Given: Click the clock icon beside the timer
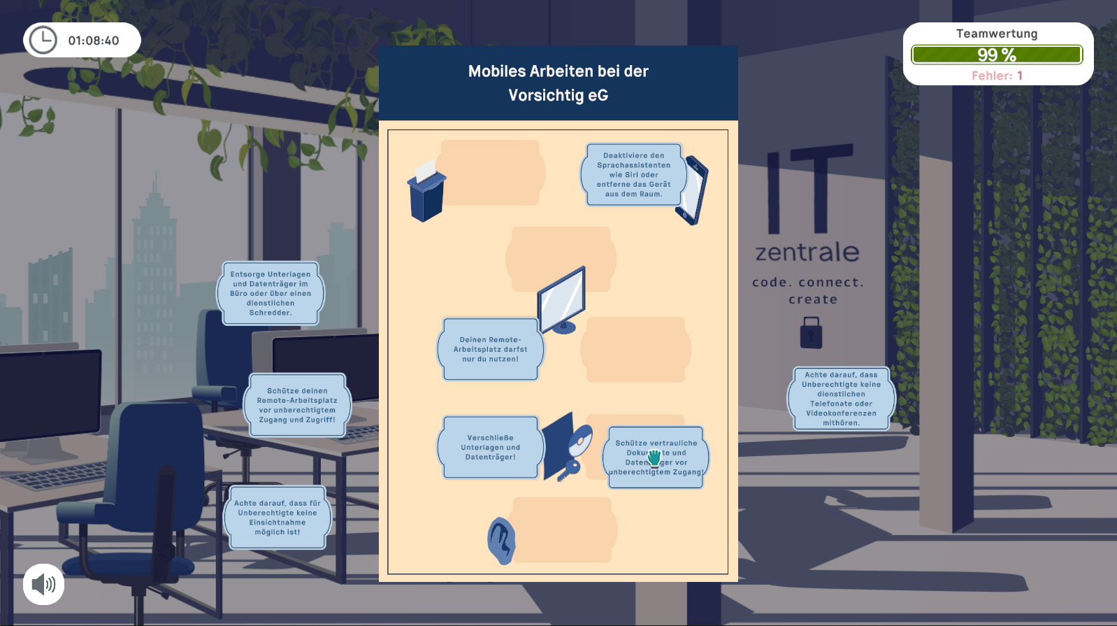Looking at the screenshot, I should pos(43,41).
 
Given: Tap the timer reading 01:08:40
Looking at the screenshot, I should pos(94,41).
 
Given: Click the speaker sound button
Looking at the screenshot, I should pos(44,585).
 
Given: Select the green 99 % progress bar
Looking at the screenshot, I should pos(997,55).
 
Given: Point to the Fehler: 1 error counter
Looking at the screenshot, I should pos(997,76).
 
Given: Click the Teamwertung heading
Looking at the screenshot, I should pos(997,34).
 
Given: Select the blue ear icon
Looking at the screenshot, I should pos(501,541).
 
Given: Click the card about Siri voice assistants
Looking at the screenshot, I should pos(633,175).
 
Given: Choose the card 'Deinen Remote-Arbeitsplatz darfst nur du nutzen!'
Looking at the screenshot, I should pos(490,349).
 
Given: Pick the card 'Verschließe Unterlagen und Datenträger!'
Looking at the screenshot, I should pos(490,448).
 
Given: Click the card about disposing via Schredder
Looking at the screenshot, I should pos(271,294).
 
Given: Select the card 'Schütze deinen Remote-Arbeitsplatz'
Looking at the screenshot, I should pos(297,405).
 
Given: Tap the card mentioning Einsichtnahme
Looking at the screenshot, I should pos(278,518).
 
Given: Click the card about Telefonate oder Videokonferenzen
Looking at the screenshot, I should pos(841,399).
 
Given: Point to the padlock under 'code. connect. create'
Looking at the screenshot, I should pos(811,332).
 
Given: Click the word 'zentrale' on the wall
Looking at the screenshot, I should pos(807,252).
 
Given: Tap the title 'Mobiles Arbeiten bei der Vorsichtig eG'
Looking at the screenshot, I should pos(558,83).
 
